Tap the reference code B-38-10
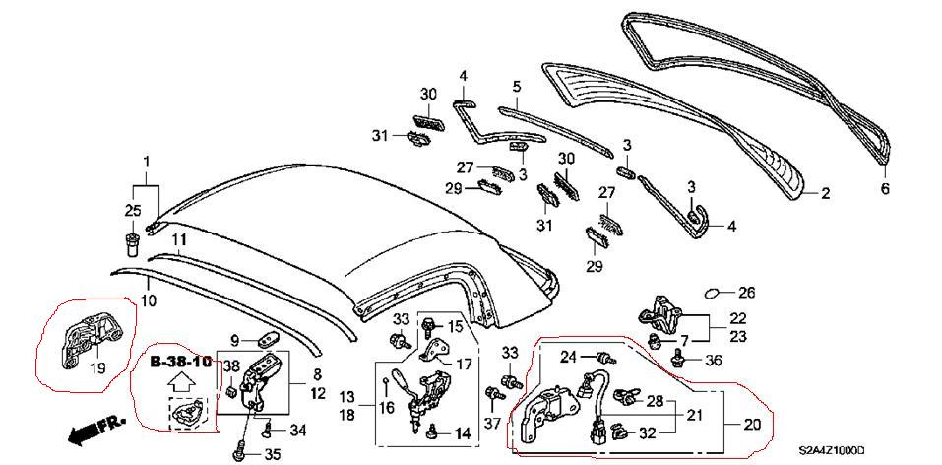(x=180, y=362)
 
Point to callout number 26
(x=746, y=292)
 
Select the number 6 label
(x=883, y=187)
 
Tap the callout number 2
(x=825, y=194)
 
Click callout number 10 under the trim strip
(x=147, y=300)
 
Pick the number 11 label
(x=179, y=239)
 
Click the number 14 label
(x=462, y=433)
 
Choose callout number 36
(x=713, y=360)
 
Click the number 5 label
(x=515, y=88)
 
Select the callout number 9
(x=235, y=341)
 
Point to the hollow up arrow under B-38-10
(x=181, y=384)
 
